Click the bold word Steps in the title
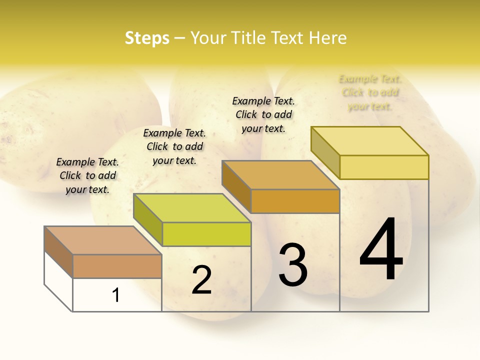tap(147, 38)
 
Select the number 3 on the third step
tap(293, 265)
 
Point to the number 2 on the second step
tap(201, 280)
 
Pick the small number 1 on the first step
tap(116, 295)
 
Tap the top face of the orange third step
tap(280, 175)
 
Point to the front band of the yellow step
tap(384, 167)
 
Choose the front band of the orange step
tap(295, 201)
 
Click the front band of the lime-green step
tap(206, 234)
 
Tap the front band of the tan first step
tap(117, 266)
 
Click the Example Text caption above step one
tap(87, 175)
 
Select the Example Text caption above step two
tap(174, 146)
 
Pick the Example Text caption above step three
tap(263, 114)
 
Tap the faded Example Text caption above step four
tap(370, 92)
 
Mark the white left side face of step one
tap(58, 280)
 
